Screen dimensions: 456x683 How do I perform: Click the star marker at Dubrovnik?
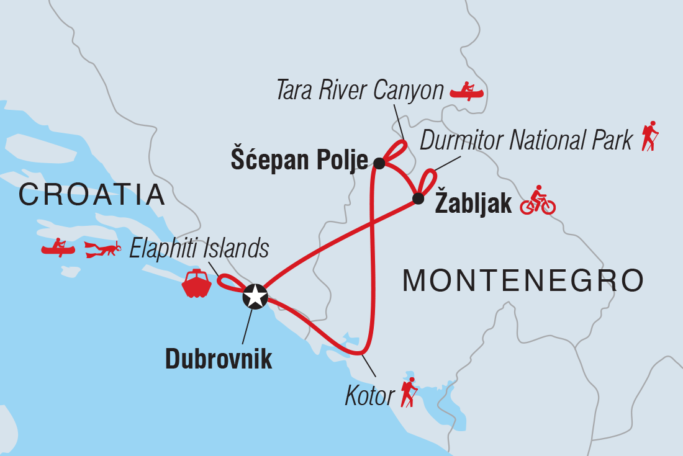(x=255, y=297)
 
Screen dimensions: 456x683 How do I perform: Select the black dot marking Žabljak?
(x=418, y=199)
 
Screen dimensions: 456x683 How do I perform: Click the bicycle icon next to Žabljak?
(x=538, y=200)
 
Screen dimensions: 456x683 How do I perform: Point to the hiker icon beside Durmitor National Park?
(x=649, y=136)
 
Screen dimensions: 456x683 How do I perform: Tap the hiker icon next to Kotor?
(x=409, y=392)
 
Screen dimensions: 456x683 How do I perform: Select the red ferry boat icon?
(x=197, y=284)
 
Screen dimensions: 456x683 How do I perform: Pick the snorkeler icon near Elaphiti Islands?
(x=103, y=250)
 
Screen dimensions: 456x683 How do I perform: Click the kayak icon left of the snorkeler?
(x=58, y=248)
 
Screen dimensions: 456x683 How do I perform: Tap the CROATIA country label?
(x=92, y=195)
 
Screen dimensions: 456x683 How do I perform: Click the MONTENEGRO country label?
(x=523, y=280)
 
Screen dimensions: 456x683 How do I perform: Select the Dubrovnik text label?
(x=218, y=359)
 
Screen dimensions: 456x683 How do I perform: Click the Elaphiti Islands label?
(x=199, y=249)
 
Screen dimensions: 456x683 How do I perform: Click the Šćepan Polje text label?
(x=299, y=160)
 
